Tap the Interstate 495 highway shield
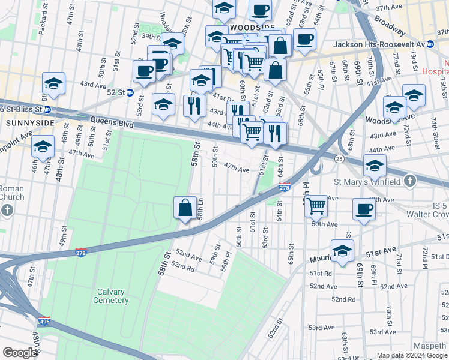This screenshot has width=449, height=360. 44,321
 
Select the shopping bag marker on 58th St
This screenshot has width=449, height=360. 185,208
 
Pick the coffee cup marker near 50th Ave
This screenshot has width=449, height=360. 364,210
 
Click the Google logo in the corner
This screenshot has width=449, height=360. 20,353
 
